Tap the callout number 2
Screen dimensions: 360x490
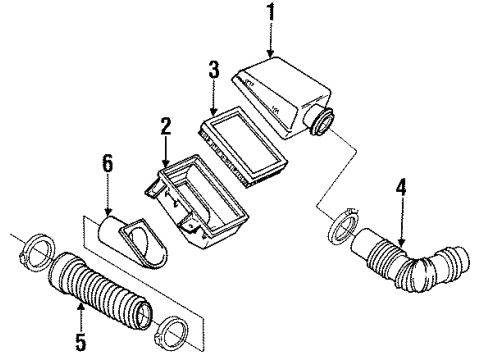[x=166, y=126]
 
